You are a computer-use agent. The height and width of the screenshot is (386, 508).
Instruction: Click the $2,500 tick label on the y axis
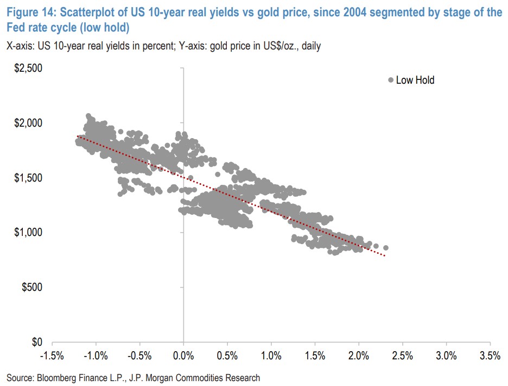[x=27, y=69]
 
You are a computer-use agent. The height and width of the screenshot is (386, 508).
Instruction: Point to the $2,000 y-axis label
[x=27, y=123]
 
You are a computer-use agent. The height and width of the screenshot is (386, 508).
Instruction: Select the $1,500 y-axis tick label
[x=27, y=178]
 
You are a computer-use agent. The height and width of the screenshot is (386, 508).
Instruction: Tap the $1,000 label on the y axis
[x=27, y=233]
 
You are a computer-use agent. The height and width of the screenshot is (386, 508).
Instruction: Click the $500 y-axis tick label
[x=30, y=287]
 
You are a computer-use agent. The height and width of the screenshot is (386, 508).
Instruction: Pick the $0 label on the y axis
[x=35, y=343]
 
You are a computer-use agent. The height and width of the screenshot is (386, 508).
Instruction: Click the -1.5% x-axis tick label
[x=52, y=356]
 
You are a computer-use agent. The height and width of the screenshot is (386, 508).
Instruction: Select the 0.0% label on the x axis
[x=183, y=356]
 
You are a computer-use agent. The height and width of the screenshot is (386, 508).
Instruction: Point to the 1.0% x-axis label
[x=271, y=356]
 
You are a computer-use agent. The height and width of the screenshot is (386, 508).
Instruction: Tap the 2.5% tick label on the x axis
[x=402, y=356]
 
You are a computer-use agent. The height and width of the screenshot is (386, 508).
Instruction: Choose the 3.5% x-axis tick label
[x=490, y=356]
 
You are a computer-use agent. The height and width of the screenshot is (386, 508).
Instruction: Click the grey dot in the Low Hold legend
[x=390, y=80]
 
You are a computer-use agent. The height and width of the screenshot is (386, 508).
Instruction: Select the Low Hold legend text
[x=415, y=80]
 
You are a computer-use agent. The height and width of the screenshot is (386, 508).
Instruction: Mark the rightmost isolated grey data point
[x=386, y=247]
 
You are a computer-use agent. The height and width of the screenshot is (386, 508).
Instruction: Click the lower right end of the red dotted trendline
[x=385, y=255]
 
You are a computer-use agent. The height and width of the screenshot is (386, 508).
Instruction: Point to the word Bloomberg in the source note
[x=59, y=377]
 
